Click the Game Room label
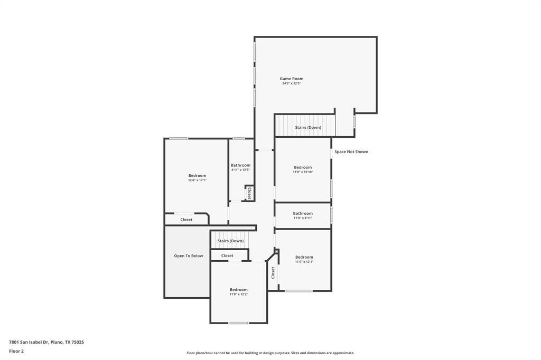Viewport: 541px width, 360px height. (x=292, y=79)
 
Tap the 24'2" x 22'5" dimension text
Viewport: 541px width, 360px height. (x=292, y=83)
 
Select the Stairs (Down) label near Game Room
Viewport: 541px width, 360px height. (x=308, y=127)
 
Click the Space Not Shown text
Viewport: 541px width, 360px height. (x=351, y=151)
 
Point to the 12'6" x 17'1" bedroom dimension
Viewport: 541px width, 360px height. (x=197, y=180)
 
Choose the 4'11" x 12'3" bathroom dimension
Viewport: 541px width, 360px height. (x=240, y=170)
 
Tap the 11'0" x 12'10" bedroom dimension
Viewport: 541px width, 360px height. (x=303, y=172)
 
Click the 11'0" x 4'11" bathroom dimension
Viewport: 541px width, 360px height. (x=303, y=218)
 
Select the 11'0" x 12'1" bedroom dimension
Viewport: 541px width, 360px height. (x=304, y=262)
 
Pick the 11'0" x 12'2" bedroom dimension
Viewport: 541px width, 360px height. (x=238, y=294)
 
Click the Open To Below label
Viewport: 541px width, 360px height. (x=189, y=256)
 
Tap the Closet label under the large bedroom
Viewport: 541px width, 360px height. (x=186, y=220)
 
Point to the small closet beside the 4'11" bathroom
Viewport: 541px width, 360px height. (x=249, y=193)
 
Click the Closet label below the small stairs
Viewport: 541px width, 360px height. (x=227, y=255)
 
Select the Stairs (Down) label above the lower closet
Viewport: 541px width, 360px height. (x=230, y=241)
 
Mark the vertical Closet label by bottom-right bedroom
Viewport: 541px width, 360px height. (x=273, y=272)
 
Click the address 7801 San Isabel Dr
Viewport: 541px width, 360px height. (x=46, y=342)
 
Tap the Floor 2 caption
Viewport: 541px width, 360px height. (x=16, y=351)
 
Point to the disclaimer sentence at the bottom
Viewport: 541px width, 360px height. (x=270, y=353)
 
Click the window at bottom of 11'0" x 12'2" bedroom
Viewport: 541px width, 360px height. (x=239, y=323)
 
